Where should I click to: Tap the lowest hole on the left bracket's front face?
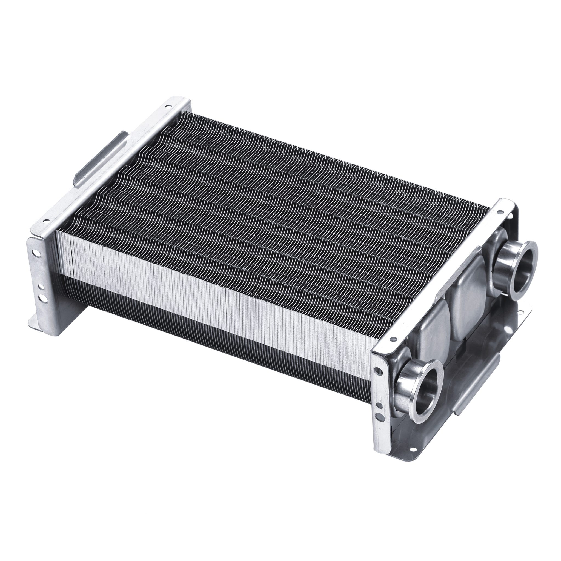coord(42,298)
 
